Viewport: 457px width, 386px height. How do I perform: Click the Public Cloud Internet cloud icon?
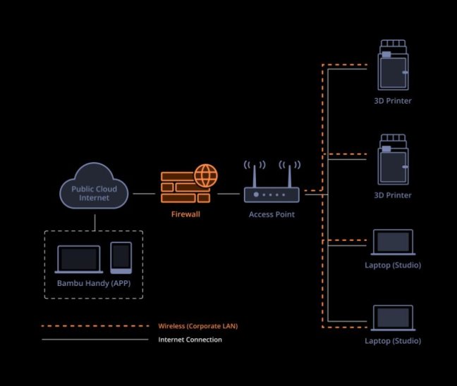(x=94, y=186)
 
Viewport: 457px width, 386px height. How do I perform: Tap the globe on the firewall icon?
(x=206, y=175)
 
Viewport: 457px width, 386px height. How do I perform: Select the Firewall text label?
(x=185, y=214)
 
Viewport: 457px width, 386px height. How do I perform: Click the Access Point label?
(x=272, y=214)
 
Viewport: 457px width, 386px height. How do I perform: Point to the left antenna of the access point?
(x=255, y=176)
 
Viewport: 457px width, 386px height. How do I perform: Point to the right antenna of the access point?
(x=289, y=176)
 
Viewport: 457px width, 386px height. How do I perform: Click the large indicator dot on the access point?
(x=256, y=194)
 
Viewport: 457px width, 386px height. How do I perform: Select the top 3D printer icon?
(x=393, y=65)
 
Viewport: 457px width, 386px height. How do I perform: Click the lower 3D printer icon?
(x=393, y=159)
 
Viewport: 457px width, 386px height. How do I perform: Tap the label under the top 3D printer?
(x=393, y=101)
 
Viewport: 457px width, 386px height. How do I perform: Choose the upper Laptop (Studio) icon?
(x=393, y=242)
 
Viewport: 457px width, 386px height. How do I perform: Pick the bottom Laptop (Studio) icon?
(x=393, y=318)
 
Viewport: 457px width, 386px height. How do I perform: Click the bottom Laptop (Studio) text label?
(x=393, y=341)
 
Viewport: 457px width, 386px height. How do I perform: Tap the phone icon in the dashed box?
(x=121, y=258)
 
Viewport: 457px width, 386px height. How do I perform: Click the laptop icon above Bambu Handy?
(x=79, y=259)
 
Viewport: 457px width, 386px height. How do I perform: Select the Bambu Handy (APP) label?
(x=94, y=283)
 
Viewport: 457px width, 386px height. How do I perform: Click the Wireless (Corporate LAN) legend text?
(x=198, y=326)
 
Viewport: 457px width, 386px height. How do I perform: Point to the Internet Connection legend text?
(x=190, y=340)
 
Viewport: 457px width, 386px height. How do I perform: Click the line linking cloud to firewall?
(x=144, y=194)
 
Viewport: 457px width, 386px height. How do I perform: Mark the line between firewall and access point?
(x=228, y=194)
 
